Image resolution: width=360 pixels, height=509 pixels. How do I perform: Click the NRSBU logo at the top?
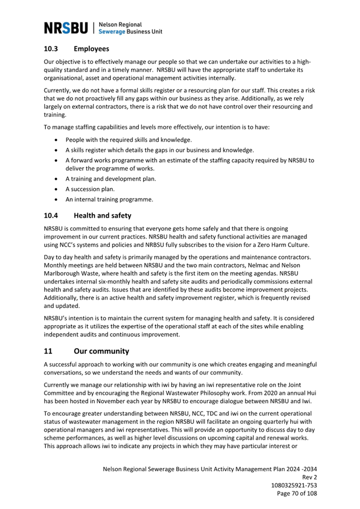tap(67, 28)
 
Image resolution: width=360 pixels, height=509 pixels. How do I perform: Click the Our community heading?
tap(101, 351)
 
